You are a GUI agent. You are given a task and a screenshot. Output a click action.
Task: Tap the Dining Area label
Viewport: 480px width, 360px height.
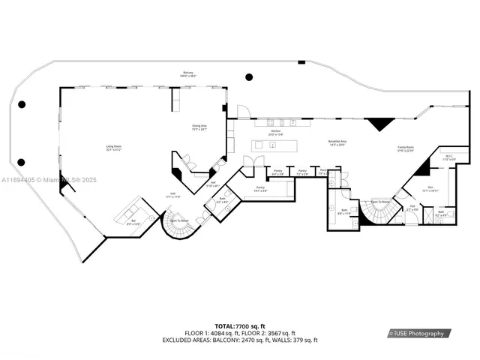[x=199, y=127]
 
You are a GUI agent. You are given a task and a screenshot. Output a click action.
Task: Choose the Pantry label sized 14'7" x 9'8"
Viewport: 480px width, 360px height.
[x=260, y=189]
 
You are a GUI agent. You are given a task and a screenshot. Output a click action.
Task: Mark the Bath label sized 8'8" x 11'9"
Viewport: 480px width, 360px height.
[x=343, y=212]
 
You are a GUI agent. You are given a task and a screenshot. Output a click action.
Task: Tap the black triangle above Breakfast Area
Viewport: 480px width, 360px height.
[x=381, y=124]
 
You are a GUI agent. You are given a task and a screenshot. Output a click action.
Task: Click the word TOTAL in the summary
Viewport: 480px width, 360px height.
[x=223, y=325]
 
